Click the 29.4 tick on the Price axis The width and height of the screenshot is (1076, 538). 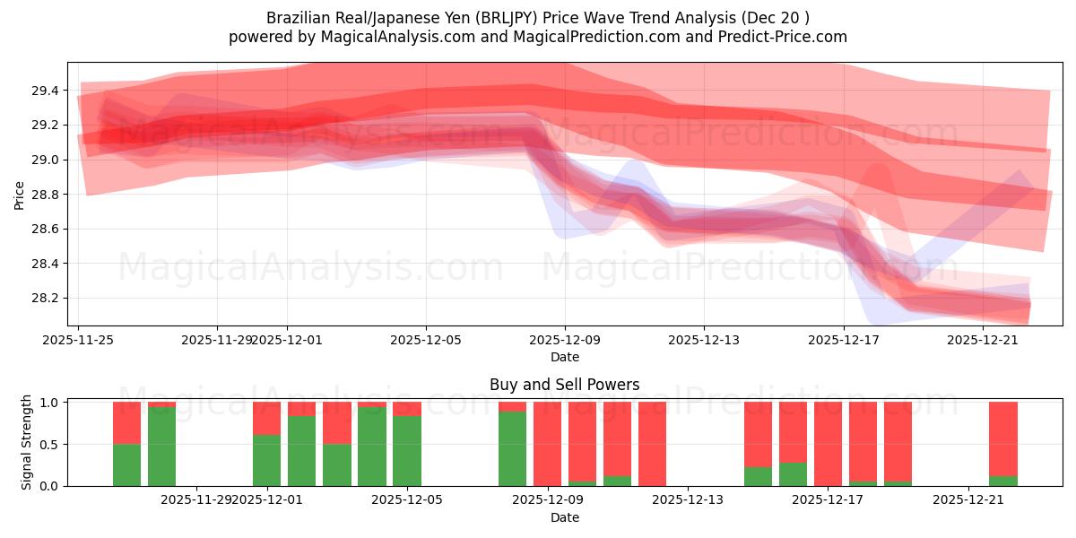click(x=46, y=91)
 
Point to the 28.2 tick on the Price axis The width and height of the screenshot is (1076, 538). click(x=46, y=299)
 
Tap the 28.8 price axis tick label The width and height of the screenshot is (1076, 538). click(x=46, y=195)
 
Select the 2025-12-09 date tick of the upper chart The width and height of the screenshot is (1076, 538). click(x=565, y=340)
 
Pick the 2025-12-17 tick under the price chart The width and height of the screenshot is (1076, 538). click(x=843, y=340)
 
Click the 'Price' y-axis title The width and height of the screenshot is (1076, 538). click(x=19, y=194)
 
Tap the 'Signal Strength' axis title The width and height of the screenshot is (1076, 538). click(x=27, y=442)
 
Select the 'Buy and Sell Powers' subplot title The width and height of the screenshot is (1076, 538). click(x=565, y=385)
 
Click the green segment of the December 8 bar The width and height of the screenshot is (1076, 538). click(x=512, y=448)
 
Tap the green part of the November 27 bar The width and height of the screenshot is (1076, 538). click(x=162, y=447)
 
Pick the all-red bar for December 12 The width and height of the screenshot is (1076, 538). click(x=652, y=444)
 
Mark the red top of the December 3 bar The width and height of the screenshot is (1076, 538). click(x=337, y=422)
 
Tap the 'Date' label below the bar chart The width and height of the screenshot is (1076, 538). click(x=565, y=517)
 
